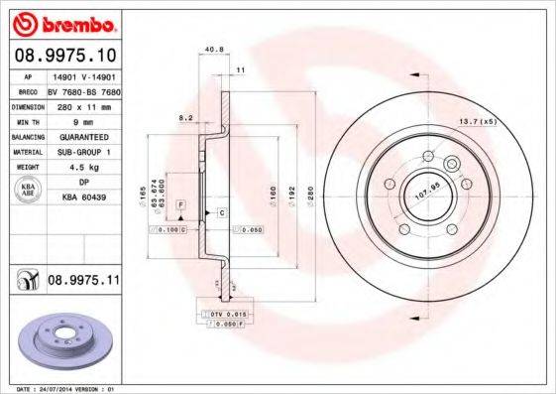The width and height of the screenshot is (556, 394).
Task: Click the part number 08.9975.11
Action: tap(83, 282)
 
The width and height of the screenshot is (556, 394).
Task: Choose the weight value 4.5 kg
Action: tap(79, 168)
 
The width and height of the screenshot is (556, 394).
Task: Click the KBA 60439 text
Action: tap(83, 198)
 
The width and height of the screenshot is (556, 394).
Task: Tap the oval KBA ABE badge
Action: tap(28, 191)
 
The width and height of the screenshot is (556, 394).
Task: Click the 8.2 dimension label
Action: tap(183, 117)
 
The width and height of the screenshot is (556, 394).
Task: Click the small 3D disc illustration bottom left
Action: tap(61, 340)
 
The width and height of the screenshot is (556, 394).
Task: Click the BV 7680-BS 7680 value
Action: tap(83, 88)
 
